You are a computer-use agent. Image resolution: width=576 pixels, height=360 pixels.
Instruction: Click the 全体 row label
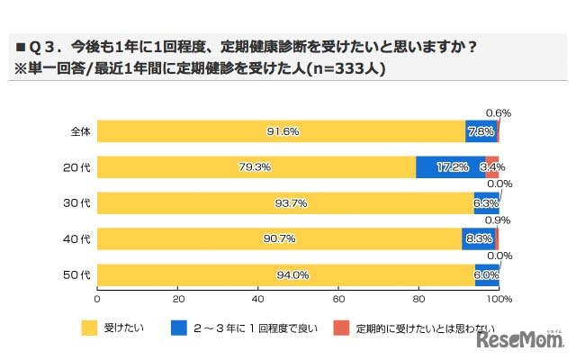pos(79,131)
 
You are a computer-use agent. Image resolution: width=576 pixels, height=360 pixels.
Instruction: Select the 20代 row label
pos(79,167)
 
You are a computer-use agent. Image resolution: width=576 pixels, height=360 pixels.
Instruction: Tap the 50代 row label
pos(79,275)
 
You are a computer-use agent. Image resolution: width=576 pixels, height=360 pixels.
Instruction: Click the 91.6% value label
pos(283,131)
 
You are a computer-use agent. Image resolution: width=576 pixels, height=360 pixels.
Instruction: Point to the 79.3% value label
pos(256,167)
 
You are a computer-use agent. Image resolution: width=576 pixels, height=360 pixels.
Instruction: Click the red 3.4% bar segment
pos(492,167)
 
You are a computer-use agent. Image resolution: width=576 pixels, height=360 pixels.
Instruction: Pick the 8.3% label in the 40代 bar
pos(478,239)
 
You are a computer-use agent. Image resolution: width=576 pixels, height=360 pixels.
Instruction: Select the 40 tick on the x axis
pos(258,298)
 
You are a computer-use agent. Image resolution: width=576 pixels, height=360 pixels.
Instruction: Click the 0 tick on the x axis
pos(97,298)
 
